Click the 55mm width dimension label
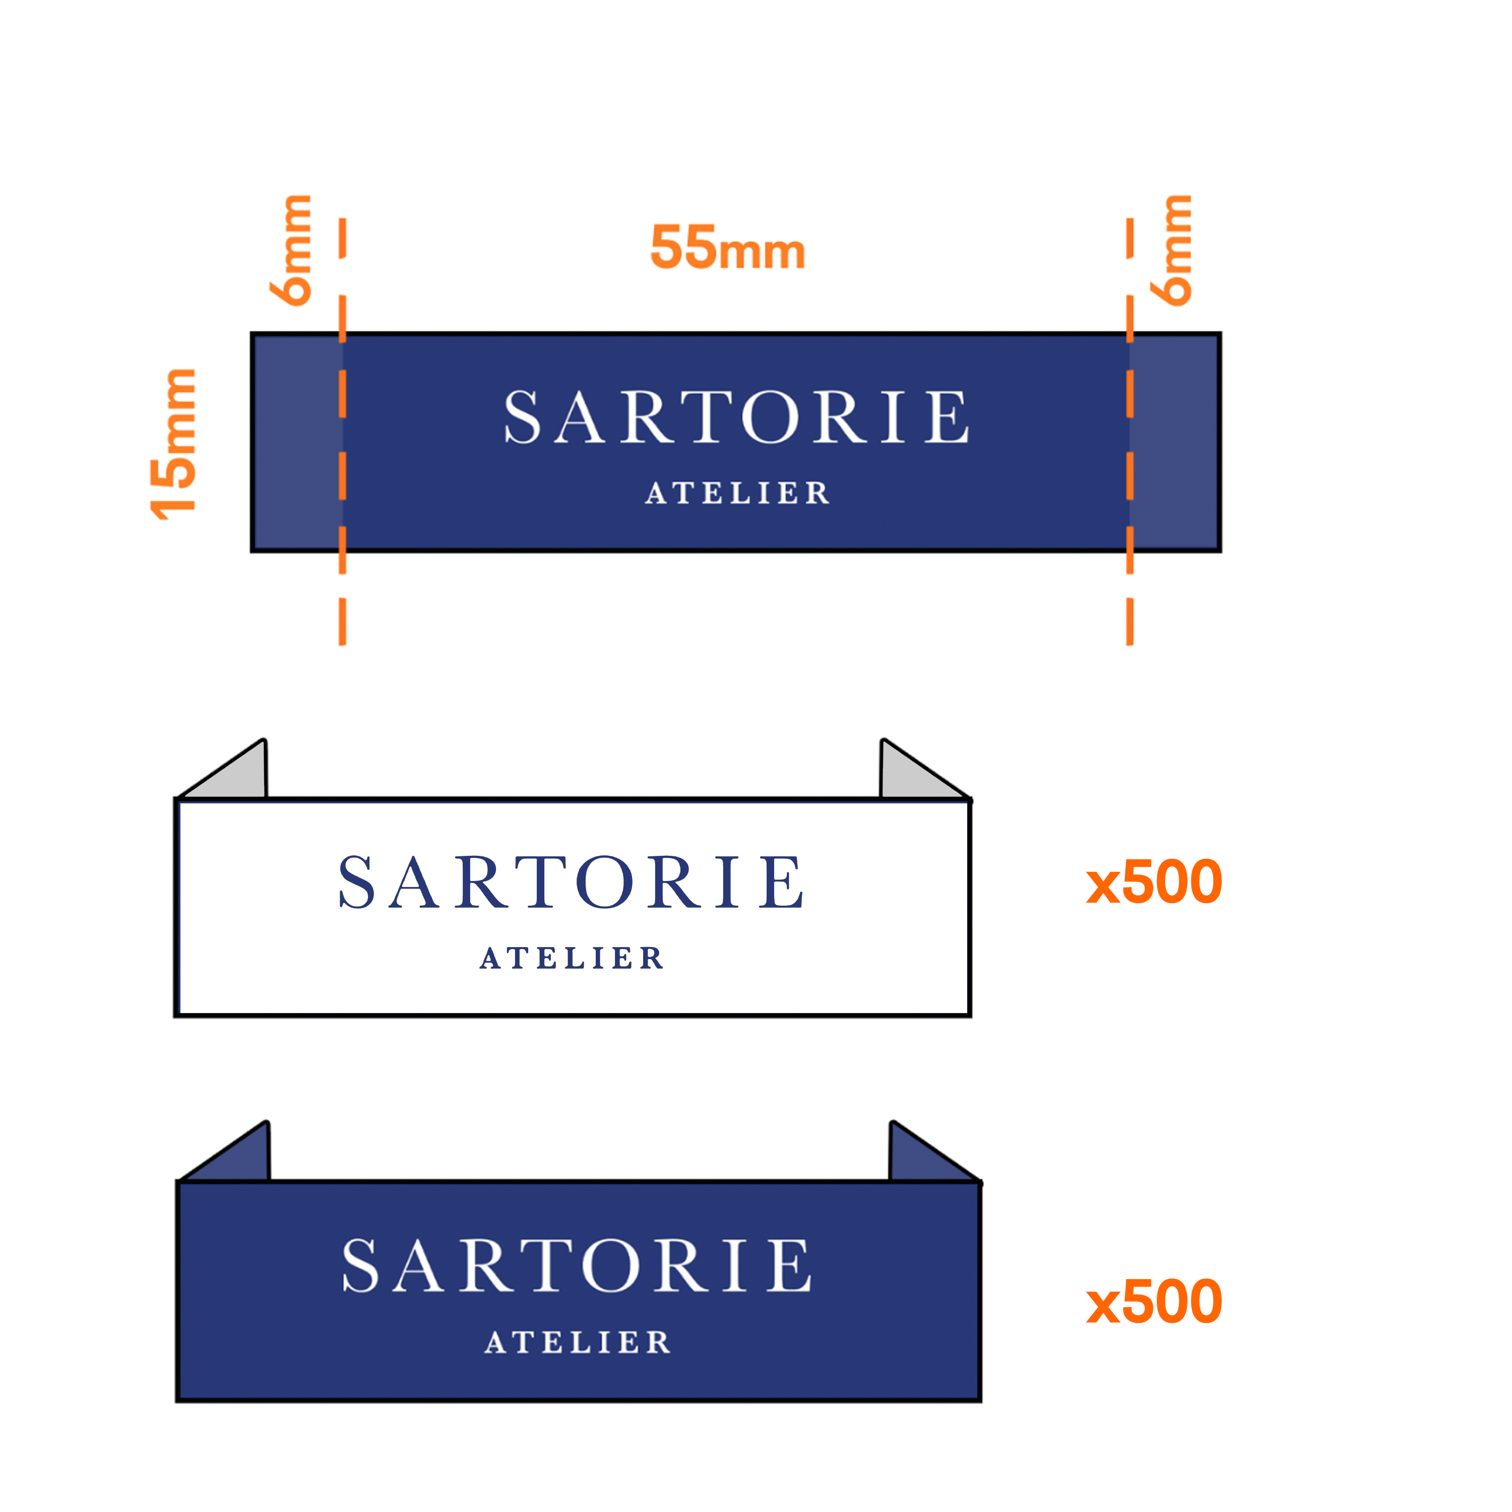tap(728, 247)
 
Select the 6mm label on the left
tap(290, 249)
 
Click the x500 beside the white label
tap(1154, 882)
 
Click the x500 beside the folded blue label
tap(1154, 1301)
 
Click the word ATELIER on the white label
tap(572, 958)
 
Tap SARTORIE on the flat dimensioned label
tap(736, 416)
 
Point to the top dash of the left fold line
tap(343, 238)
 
